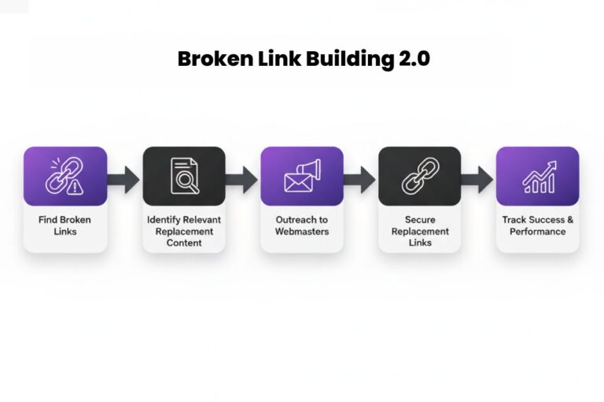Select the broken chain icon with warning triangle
pyautogui.click(x=64, y=176)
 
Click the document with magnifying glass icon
pyautogui.click(x=184, y=176)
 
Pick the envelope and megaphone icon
pyautogui.click(x=302, y=176)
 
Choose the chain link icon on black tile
pyautogui.click(x=420, y=176)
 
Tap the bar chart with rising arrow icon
pyautogui.click(x=538, y=176)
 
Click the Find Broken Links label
pyautogui.click(x=64, y=225)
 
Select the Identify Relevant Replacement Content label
pyautogui.click(x=184, y=231)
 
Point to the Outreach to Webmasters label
pyautogui.click(x=302, y=225)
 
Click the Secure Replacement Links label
pyautogui.click(x=420, y=231)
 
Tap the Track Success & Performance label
pyautogui.click(x=538, y=225)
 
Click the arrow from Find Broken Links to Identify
pyautogui.click(x=124, y=179)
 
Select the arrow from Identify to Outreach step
pyautogui.click(x=242, y=179)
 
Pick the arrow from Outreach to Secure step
pyautogui.click(x=360, y=179)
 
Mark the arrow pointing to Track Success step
pyautogui.click(x=478, y=179)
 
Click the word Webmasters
pyautogui.click(x=302, y=232)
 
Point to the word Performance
pyautogui.click(x=538, y=232)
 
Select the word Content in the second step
pyautogui.click(x=184, y=243)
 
